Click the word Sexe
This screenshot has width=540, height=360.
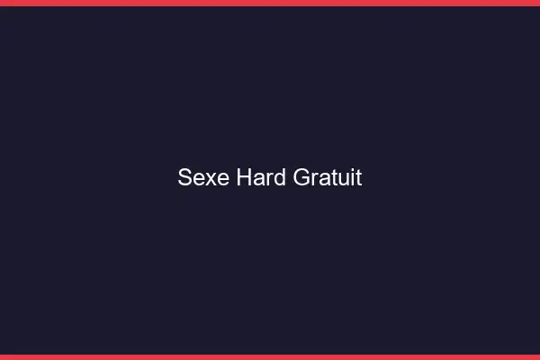tap(203, 177)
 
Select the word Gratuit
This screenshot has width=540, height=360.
tap(328, 177)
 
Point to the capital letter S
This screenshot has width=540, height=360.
tap(184, 177)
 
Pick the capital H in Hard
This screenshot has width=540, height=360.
tap(244, 177)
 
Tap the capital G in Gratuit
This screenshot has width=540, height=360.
tap(301, 177)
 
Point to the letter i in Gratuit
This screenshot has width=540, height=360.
tap(351, 177)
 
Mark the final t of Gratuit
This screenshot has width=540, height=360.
tap(358, 178)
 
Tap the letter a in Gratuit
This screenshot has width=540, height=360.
tap(322, 179)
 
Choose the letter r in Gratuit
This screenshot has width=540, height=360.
tap(314, 179)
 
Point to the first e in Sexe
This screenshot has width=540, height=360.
tap(198, 179)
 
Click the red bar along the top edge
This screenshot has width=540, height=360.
tap(270, 3)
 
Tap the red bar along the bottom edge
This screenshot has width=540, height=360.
tap(270, 356)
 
